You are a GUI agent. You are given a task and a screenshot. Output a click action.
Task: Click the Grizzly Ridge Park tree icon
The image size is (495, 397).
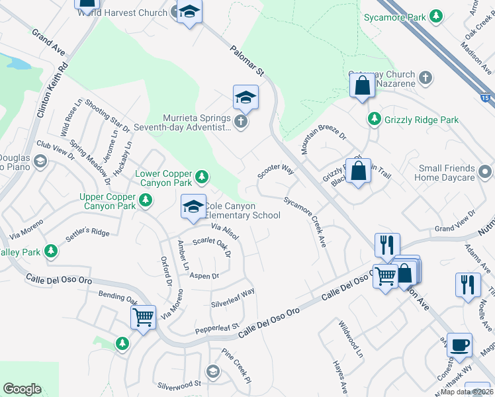pos(375,119)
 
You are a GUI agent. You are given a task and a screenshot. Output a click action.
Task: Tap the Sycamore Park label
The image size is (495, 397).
pos(395,17)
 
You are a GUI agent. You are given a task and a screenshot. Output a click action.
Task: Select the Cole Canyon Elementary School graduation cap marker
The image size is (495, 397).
pos(193,208)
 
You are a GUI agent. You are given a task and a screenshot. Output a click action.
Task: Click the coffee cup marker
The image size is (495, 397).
pos(459,345)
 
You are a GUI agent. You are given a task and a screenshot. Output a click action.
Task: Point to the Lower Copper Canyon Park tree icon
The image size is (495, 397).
pos(202,177)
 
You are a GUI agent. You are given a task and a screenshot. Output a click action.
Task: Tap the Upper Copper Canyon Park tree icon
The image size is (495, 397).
pos(146,199)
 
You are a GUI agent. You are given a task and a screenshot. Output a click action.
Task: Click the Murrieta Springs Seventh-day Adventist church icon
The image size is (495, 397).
pos(242,121)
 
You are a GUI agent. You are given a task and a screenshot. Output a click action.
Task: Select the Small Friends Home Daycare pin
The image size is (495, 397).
pos(487,172)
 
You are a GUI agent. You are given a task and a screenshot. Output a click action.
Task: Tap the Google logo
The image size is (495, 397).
pos(22,389)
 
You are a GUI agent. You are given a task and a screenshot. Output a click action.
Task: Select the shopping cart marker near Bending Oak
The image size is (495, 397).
pos(143,318)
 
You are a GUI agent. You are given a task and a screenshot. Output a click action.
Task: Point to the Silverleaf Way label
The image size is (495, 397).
pos(232,292)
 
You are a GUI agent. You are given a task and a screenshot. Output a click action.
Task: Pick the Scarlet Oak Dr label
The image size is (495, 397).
pos(211,245)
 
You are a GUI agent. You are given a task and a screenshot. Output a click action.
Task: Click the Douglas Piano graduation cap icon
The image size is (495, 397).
pos(40,161)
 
